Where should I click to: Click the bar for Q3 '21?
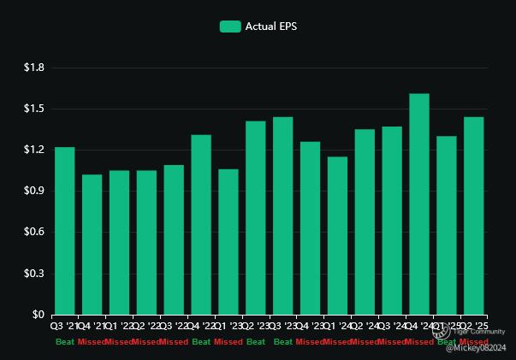[65, 231]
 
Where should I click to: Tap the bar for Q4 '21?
[92, 245]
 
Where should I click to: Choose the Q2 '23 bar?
[256, 218]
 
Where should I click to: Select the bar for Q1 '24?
[337, 235]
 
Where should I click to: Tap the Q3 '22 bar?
[174, 239]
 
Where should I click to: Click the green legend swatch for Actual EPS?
[230, 27]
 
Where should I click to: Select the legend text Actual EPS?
[271, 27]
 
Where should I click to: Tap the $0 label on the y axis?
[38, 315]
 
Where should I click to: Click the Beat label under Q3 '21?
[65, 342]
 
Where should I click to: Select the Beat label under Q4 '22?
[201, 342]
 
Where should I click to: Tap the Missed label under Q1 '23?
[228, 342]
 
